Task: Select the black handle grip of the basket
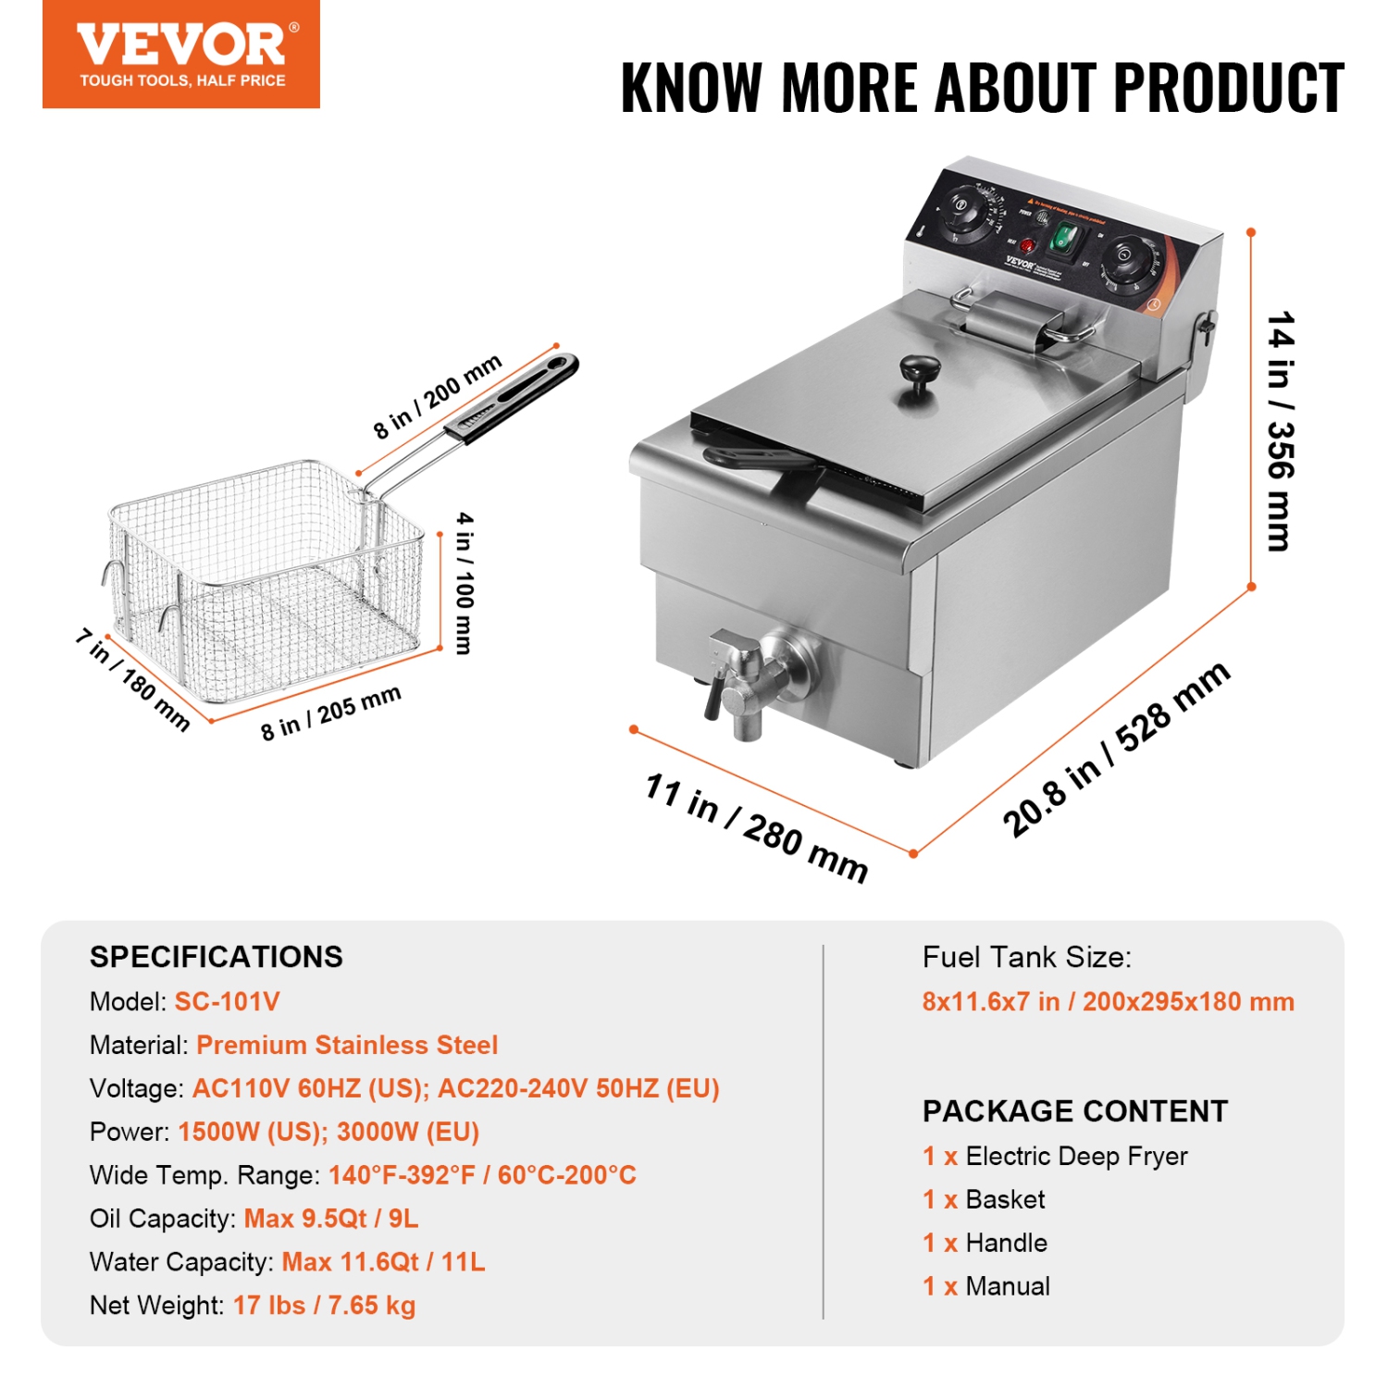(x=514, y=398)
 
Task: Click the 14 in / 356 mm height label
(x=1281, y=430)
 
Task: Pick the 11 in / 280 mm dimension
(x=756, y=827)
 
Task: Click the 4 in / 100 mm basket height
(x=465, y=583)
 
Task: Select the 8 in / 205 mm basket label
(x=330, y=713)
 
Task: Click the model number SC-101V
(x=227, y=1001)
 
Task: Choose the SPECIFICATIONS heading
(x=217, y=957)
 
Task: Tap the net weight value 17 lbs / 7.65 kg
(x=324, y=1305)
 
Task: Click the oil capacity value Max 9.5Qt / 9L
(x=331, y=1218)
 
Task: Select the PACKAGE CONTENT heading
(x=1075, y=1110)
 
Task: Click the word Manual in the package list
(x=1008, y=1286)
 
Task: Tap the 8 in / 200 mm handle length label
(x=438, y=395)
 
